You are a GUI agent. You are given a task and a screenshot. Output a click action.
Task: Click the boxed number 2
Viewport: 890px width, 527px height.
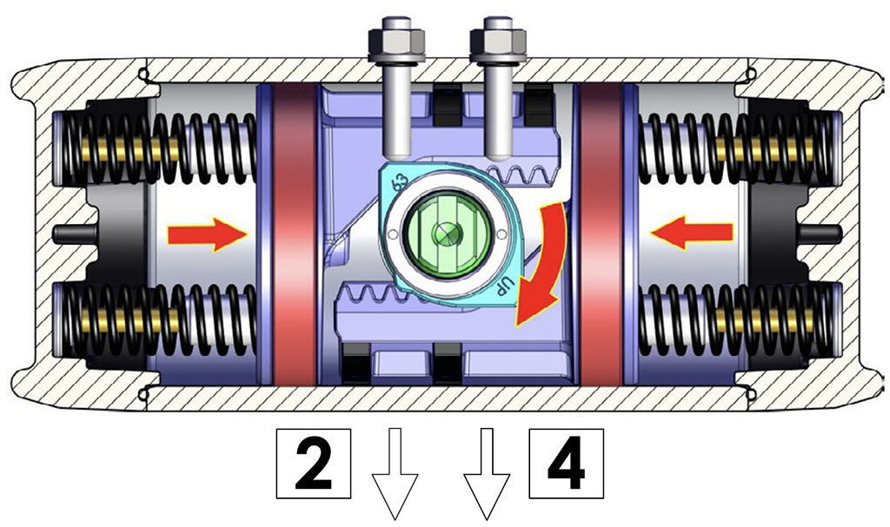313,464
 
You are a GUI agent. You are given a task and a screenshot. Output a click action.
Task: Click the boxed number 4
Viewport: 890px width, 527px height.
566,464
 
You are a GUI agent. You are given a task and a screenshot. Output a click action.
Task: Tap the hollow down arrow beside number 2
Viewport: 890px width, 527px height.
395,474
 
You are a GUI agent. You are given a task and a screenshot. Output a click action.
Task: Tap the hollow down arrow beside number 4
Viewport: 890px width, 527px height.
487,474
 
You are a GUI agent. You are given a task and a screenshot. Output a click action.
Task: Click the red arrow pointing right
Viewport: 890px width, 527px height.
208,234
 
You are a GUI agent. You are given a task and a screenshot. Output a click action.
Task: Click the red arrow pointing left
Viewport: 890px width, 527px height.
691,234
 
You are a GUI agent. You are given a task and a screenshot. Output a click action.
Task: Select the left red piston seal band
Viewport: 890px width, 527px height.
294,234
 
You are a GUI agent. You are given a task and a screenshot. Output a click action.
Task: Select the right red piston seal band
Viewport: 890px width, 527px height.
601,234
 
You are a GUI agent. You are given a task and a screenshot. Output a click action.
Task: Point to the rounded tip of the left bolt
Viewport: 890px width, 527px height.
396,152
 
